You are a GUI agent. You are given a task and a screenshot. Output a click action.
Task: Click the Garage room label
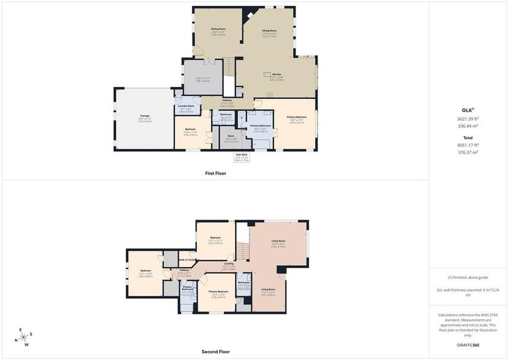pos(145,116)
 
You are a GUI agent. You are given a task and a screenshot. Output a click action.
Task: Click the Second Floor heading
pos(216,352)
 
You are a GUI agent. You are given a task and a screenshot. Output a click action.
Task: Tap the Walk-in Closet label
pos(187,259)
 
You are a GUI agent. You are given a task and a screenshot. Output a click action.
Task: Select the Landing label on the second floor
pos(228,263)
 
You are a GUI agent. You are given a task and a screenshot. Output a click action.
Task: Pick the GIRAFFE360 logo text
pos(468,345)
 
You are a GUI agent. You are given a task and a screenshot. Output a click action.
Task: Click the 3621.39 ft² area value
pos(468,119)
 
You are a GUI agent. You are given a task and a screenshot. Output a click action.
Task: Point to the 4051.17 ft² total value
pos(468,145)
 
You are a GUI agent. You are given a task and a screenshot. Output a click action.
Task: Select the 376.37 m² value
pos(468,152)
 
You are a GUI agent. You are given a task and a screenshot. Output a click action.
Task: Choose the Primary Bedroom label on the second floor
pos(218,292)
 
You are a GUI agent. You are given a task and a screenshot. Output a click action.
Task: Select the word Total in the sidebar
pos(468,137)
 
